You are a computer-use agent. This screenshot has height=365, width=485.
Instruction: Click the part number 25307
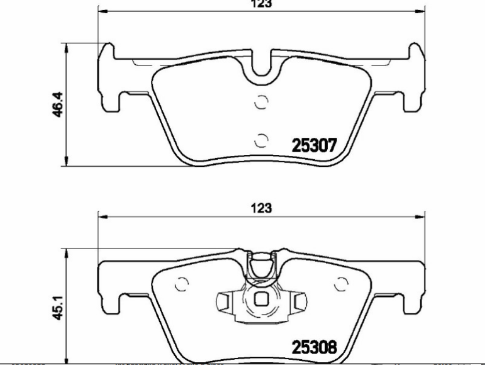point(314,145)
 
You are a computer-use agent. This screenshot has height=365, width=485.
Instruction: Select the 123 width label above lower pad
point(261,208)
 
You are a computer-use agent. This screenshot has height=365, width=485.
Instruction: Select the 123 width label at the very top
point(261,3)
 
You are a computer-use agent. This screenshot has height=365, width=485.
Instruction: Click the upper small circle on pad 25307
point(262,103)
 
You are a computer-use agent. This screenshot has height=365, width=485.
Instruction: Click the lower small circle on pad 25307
point(262,140)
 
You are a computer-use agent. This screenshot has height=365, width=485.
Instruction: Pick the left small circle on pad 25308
point(181,284)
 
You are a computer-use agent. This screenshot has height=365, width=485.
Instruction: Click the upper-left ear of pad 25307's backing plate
point(107,52)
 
